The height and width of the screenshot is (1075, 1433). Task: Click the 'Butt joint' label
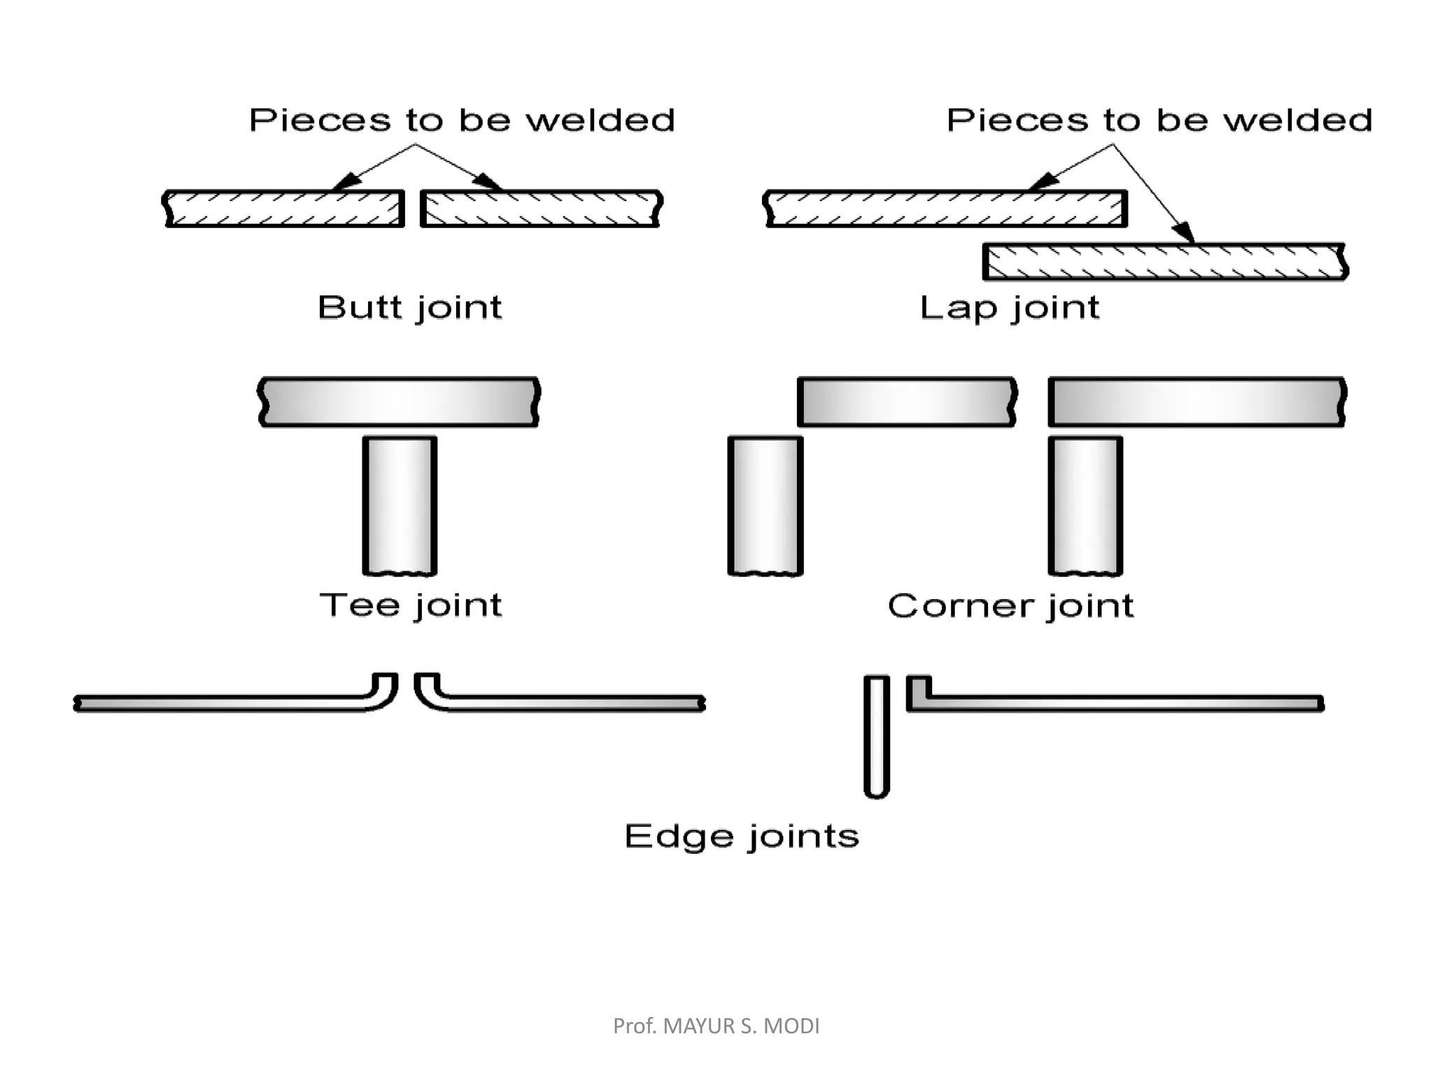pos(410,308)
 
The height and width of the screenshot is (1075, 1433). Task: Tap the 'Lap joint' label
pos(1009,308)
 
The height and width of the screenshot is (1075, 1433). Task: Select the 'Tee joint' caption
pos(411,605)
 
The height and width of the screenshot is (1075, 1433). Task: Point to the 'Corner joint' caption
pos(1010,606)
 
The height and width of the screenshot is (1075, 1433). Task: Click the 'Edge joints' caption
pos(742,836)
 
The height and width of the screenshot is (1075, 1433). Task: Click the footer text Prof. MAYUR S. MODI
pos(716,1026)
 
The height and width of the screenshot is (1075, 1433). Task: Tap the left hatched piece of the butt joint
pos(284,209)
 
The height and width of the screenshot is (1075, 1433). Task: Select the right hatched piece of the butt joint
pos(541,209)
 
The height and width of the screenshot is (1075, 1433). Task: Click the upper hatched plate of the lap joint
pos(945,209)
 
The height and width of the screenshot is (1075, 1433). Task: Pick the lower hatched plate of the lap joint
pos(1165,262)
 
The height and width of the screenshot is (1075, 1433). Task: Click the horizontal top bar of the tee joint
pos(399,402)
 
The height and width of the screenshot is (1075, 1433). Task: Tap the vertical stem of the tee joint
pos(400,504)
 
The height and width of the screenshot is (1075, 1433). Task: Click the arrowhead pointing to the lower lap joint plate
pos(1185,233)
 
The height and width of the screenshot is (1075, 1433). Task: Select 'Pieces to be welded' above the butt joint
pos(462,120)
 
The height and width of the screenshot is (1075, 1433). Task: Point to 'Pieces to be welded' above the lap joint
pos(1159,120)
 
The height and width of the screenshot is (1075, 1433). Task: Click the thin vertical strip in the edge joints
pos(877,735)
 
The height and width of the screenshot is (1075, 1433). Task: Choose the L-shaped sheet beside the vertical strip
pos(1120,703)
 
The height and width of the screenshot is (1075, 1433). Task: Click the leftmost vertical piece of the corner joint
pos(765,504)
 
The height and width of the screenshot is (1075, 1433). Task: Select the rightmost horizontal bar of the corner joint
pos(1196,402)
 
